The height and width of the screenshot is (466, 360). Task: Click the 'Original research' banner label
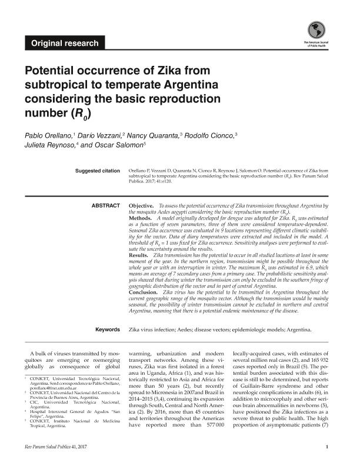65,43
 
